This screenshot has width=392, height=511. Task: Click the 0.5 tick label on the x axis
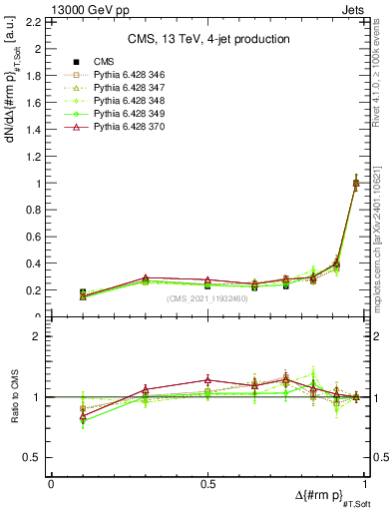click(208, 484)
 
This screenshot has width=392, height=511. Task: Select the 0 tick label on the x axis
click(51, 484)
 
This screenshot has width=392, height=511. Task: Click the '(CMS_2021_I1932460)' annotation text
click(209, 299)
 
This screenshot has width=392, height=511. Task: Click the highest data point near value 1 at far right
click(356, 182)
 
